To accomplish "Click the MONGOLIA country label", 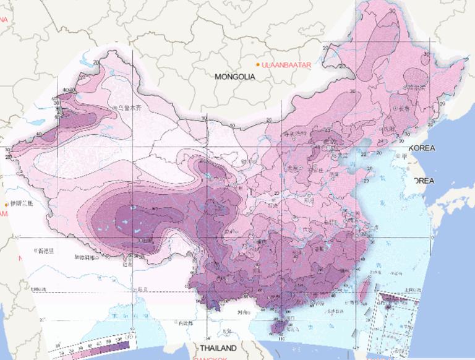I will [x=235, y=77].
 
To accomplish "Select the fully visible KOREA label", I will [x=422, y=148].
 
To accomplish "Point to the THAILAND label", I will [x=215, y=349].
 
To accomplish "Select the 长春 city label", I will [x=404, y=109].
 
